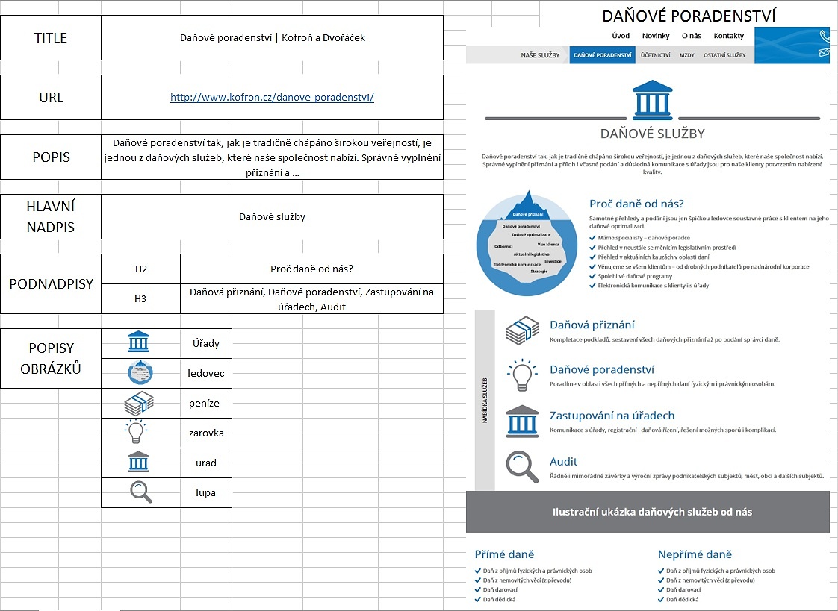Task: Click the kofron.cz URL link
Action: click(272, 98)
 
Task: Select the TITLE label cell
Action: click(51, 38)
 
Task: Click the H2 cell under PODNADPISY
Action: click(140, 269)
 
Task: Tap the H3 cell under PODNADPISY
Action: click(140, 299)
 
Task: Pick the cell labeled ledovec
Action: click(206, 373)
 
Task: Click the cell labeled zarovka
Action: click(206, 433)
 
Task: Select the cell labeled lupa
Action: click(206, 492)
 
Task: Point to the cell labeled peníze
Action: click(206, 403)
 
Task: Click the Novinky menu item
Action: click(656, 36)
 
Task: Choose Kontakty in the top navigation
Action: click(728, 36)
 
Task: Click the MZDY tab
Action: click(686, 55)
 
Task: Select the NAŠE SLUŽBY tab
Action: click(540, 55)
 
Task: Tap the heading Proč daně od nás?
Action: click(636, 204)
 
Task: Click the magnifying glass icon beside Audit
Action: click(522, 467)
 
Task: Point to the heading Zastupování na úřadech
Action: click(612, 416)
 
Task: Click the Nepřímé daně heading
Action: click(695, 554)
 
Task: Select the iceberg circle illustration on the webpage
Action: click(527, 243)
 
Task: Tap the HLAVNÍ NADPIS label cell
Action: click(51, 217)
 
